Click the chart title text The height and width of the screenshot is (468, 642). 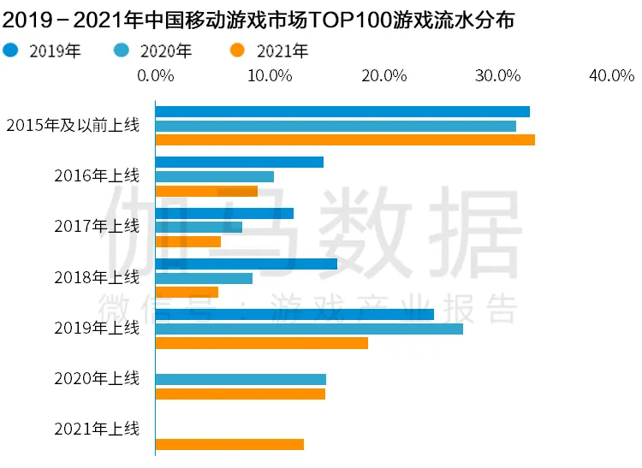coord(258,20)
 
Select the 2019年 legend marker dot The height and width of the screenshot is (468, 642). coord(10,50)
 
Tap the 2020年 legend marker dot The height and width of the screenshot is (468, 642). coord(122,50)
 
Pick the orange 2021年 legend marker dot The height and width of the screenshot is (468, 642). coord(237,50)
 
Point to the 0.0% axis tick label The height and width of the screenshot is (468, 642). coord(156,75)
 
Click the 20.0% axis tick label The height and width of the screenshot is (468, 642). coord(384,75)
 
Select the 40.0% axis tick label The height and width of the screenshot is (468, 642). coord(612,75)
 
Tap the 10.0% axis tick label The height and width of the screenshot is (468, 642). coord(270,75)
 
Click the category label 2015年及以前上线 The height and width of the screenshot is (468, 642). coord(73,125)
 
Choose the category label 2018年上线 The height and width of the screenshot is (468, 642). coord(97,277)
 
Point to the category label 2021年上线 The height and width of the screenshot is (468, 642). coord(97,429)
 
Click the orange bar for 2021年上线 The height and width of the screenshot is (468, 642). coord(229,444)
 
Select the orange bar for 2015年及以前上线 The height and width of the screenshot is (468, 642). coord(345,140)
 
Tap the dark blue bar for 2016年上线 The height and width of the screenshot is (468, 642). coord(240,162)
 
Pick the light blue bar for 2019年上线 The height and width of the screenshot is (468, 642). coord(309,329)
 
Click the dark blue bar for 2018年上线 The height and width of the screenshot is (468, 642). coord(247,264)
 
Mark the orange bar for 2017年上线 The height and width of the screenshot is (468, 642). coord(188,242)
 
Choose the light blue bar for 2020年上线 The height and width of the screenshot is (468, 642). coord(241,380)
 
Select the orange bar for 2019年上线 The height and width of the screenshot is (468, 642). coord(262,343)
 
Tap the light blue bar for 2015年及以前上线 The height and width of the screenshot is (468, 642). coord(336,126)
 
